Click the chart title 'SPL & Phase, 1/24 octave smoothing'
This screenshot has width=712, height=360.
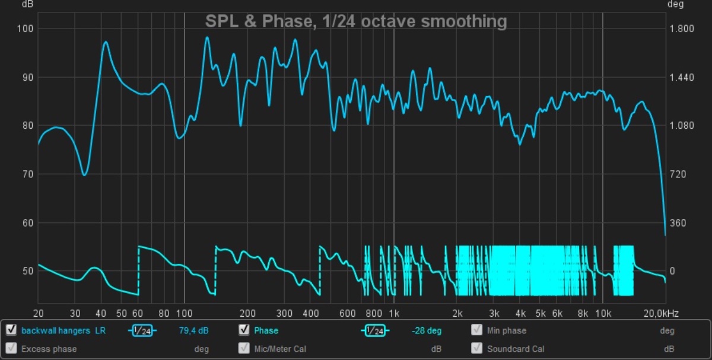(356, 22)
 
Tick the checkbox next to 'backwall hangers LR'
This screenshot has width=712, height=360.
(11, 330)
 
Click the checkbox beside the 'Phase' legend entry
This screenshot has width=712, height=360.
(243, 330)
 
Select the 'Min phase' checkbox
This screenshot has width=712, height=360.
(476, 330)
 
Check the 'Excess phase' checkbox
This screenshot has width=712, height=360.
(11, 349)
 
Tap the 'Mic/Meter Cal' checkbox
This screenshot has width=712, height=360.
(243, 349)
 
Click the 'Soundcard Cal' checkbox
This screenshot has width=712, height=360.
(476, 349)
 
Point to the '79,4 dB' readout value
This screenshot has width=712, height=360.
(193, 331)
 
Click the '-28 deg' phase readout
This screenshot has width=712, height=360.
(427, 331)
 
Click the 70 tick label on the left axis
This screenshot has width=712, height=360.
(27, 174)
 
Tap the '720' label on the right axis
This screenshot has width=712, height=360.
(678, 174)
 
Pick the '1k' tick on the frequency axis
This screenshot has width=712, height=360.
(394, 313)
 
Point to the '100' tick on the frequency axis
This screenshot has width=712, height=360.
(184, 313)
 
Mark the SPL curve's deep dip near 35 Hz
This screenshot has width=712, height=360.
(84, 175)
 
